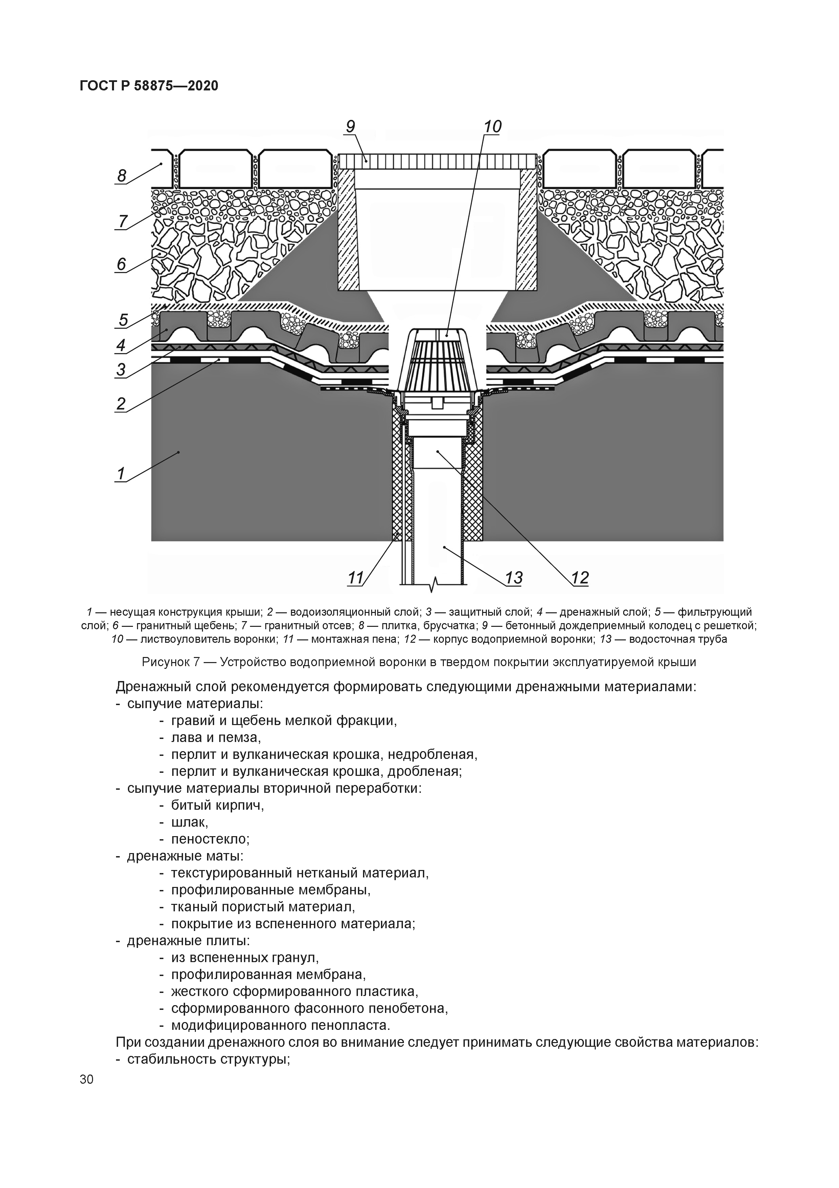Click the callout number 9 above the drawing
tap(350, 127)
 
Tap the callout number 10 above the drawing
tap(492, 127)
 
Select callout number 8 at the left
tap(121, 176)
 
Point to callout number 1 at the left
tap(120, 473)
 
